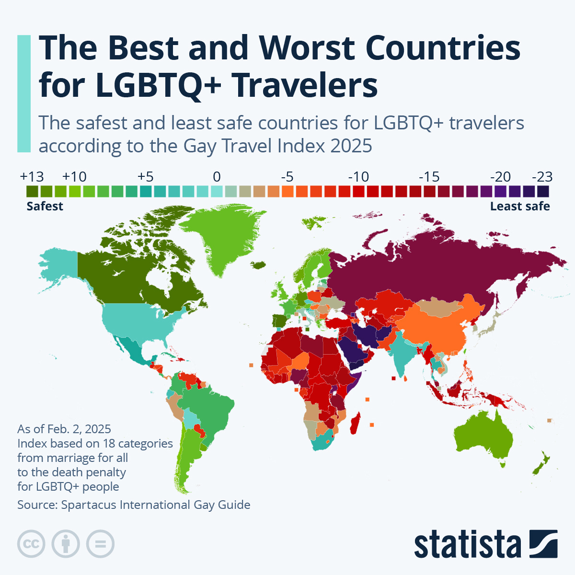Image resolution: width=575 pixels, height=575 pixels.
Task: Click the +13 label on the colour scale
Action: [32, 177]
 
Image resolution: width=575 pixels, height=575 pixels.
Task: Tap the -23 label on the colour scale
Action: [542, 177]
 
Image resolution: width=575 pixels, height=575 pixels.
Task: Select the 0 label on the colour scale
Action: [217, 177]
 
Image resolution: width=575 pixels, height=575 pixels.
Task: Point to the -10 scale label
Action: [358, 177]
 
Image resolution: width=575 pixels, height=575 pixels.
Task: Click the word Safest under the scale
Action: [45, 207]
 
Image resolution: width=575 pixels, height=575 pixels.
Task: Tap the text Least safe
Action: [520, 207]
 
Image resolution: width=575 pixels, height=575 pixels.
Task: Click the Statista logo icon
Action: [543, 544]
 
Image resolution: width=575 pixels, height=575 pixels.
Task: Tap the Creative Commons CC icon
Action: [31, 544]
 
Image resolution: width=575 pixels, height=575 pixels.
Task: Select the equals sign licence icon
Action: [101, 544]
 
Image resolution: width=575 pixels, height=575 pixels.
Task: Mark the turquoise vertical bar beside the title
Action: [23, 93]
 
